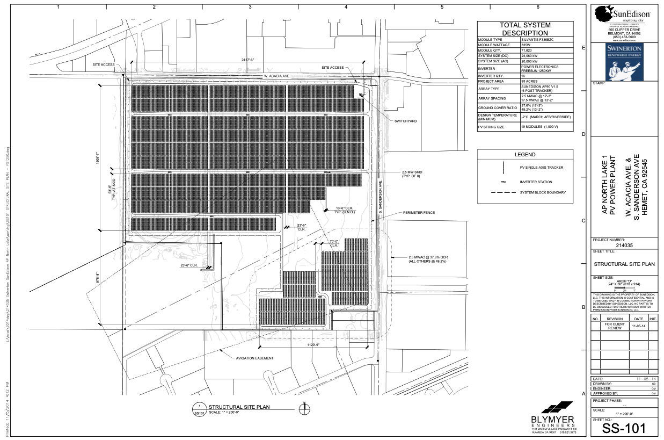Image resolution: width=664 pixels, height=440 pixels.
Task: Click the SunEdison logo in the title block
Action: [x=623, y=14]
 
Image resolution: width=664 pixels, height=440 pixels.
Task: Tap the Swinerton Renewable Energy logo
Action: [x=623, y=61]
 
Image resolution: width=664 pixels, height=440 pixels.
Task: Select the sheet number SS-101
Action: [x=623, y=429]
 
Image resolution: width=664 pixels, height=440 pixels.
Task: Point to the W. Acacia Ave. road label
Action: [x=276, y=76]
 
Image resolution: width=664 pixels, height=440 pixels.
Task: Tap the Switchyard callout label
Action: [x=406, y=121]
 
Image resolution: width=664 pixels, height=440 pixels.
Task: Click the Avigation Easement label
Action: [x=254, y=358]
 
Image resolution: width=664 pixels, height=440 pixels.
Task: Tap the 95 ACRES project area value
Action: [x=529, y=81]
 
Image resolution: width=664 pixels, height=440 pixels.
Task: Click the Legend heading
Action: [x=525, y=155]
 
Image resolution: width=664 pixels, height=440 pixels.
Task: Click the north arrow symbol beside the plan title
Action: [x=304, y=409]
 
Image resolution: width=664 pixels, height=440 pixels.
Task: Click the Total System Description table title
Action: [x=525, y=29]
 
